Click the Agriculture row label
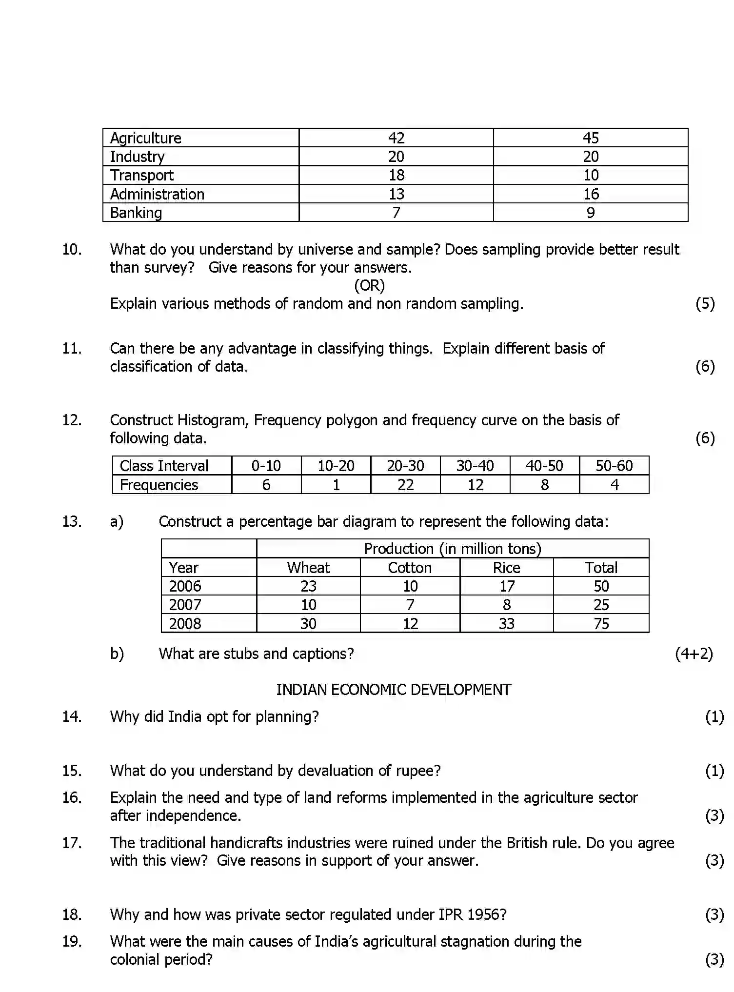coord(145,138)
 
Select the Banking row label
coord(136,213)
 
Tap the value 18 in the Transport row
coord(396,175)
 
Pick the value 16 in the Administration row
coord(591,194)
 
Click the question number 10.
coord(72,250)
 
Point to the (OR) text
coord(369,285)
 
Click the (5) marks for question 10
coord(705,303)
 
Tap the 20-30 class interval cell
coord(405,466)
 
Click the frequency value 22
coord(405,485)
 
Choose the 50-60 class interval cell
coord(614,466)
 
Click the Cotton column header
coord(410,568)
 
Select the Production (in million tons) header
coord(453,549)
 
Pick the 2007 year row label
coord(185,605)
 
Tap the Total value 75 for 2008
coord(601,624)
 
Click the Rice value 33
coord(506,624)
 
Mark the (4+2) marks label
coord(694,654)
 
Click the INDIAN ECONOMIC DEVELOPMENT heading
coord(394,690)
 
